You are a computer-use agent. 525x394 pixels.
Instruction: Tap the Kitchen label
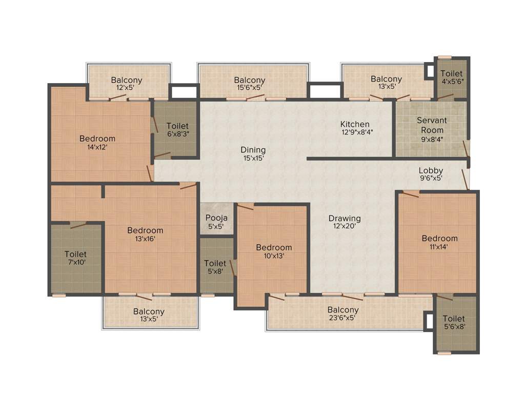click(355, 124)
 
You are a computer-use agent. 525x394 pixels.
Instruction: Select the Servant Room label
click(432, 125)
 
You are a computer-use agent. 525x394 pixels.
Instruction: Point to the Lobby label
click(431, 170)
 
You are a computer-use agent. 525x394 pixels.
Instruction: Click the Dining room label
click(253, 150)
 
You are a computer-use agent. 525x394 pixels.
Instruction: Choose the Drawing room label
click(345, 218)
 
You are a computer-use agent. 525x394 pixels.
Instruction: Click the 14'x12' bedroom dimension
click(97, 147)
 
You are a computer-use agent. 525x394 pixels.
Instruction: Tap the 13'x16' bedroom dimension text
click(145, 239)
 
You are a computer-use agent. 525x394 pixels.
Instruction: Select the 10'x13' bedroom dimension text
click(274, 255)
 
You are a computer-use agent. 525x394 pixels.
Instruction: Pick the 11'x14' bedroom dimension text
click(439, 246)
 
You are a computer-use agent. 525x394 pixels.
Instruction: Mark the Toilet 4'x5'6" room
click(451, 77)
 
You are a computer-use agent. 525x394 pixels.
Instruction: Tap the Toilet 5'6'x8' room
click(454, 322)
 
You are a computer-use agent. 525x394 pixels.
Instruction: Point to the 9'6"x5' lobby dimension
click(431, 179)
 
